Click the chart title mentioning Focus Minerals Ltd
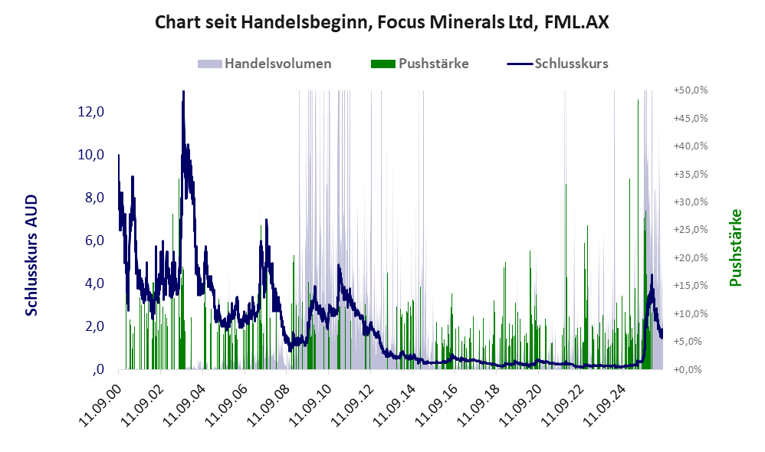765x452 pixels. pyautogui.click(x=382, y=22)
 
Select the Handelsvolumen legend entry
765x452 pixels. pyautogui.click(x=264, y=64)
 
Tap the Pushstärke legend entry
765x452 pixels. pyautogui.click(x=419, y=64)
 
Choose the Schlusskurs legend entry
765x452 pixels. pyautogui.click(x=557, y=64)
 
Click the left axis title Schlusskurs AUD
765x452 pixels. pyautogui.click(x=31, y=255)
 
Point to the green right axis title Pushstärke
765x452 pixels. pyautogui.click(x=735, y=247)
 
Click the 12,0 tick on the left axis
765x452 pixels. pyautogui.click(x=91, y=112)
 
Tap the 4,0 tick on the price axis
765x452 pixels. pyautogui.click(x=94, y=283)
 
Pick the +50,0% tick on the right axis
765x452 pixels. pyautogui.click(x=691, y=90)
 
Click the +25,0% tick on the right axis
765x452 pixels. pyautogui.click(x=691, y=230)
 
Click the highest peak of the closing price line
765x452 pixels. pyautogui.click(x=183, y=92)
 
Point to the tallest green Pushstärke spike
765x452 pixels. pyautogui.click(x=638, y=100)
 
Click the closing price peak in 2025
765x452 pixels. pyautogui.click(x=652, y=276)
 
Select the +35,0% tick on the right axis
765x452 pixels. pyautogui.click(x=691, y=174)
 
